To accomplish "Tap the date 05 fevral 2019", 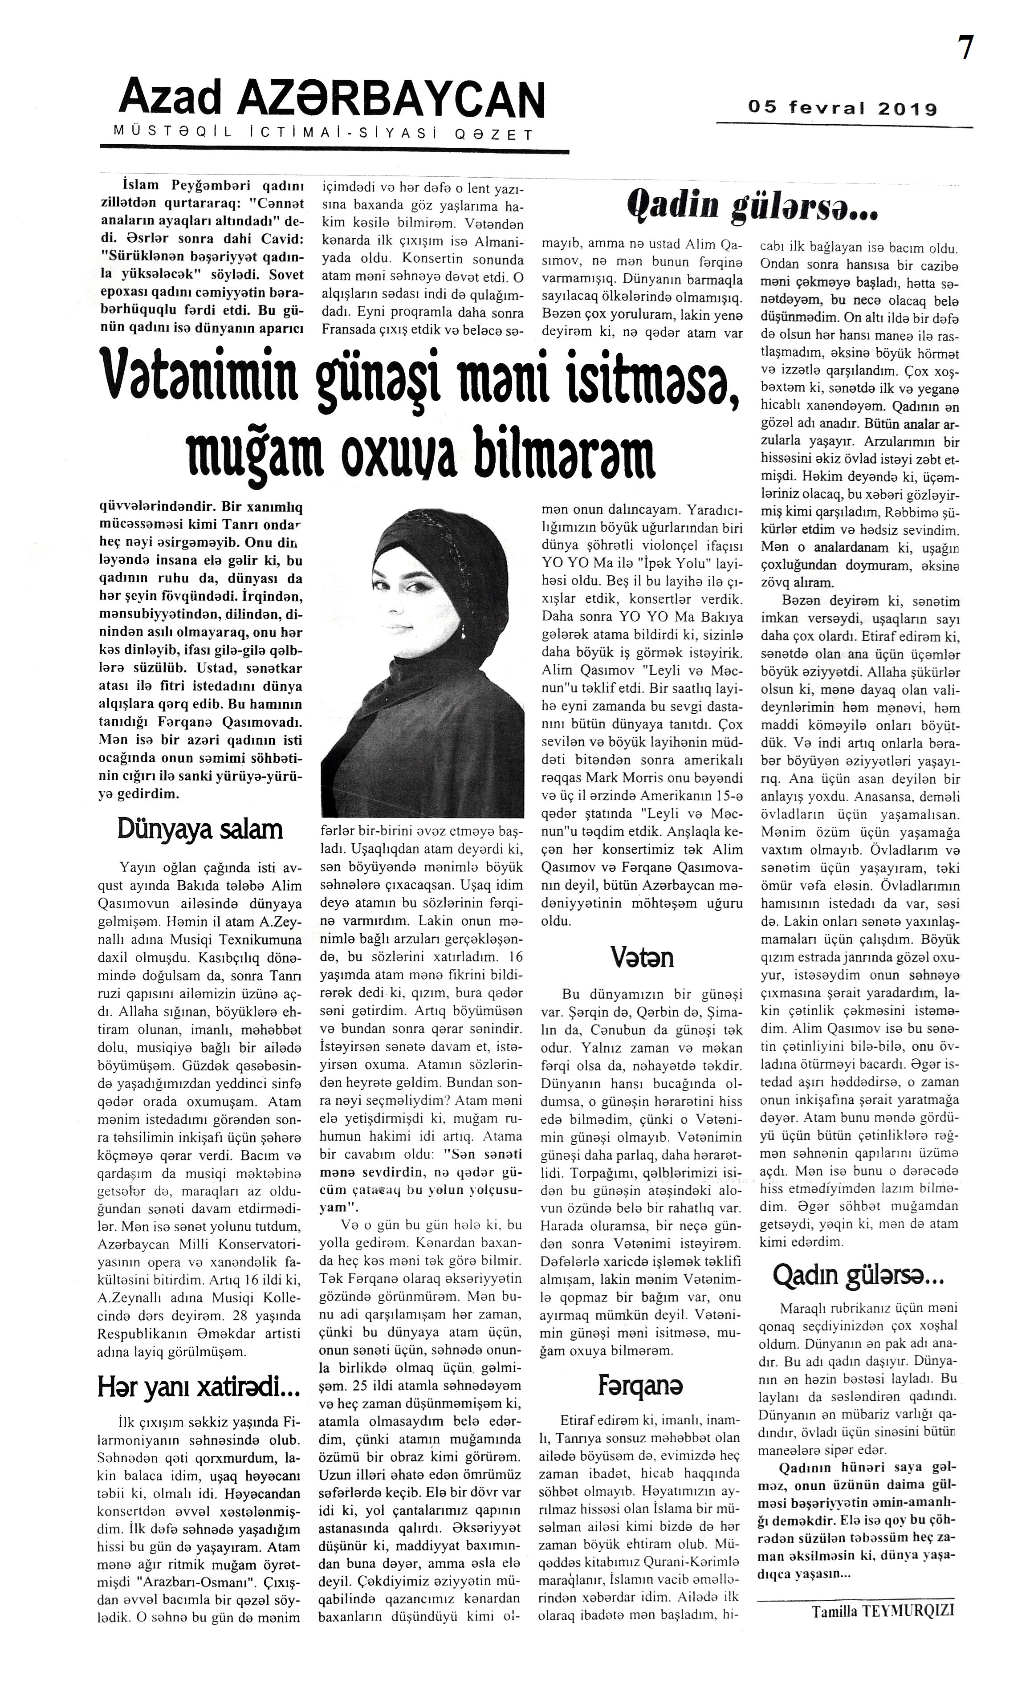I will [x=843, y=109].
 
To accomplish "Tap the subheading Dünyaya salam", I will [x=200, y=829].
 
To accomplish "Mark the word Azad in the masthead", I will [x=170, y=99].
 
